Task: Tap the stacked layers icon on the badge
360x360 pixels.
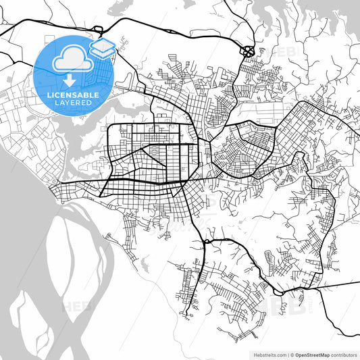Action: [x=103, y=48]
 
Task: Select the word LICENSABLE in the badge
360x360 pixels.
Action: [x=72, y=95]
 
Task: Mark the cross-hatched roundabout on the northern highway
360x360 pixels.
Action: [x=247, y=50]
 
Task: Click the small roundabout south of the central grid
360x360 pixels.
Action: [x=205, y=241]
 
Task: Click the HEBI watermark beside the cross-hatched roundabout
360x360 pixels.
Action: [x=276, y=51]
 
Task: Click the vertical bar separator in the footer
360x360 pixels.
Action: [x=286, y=354]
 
